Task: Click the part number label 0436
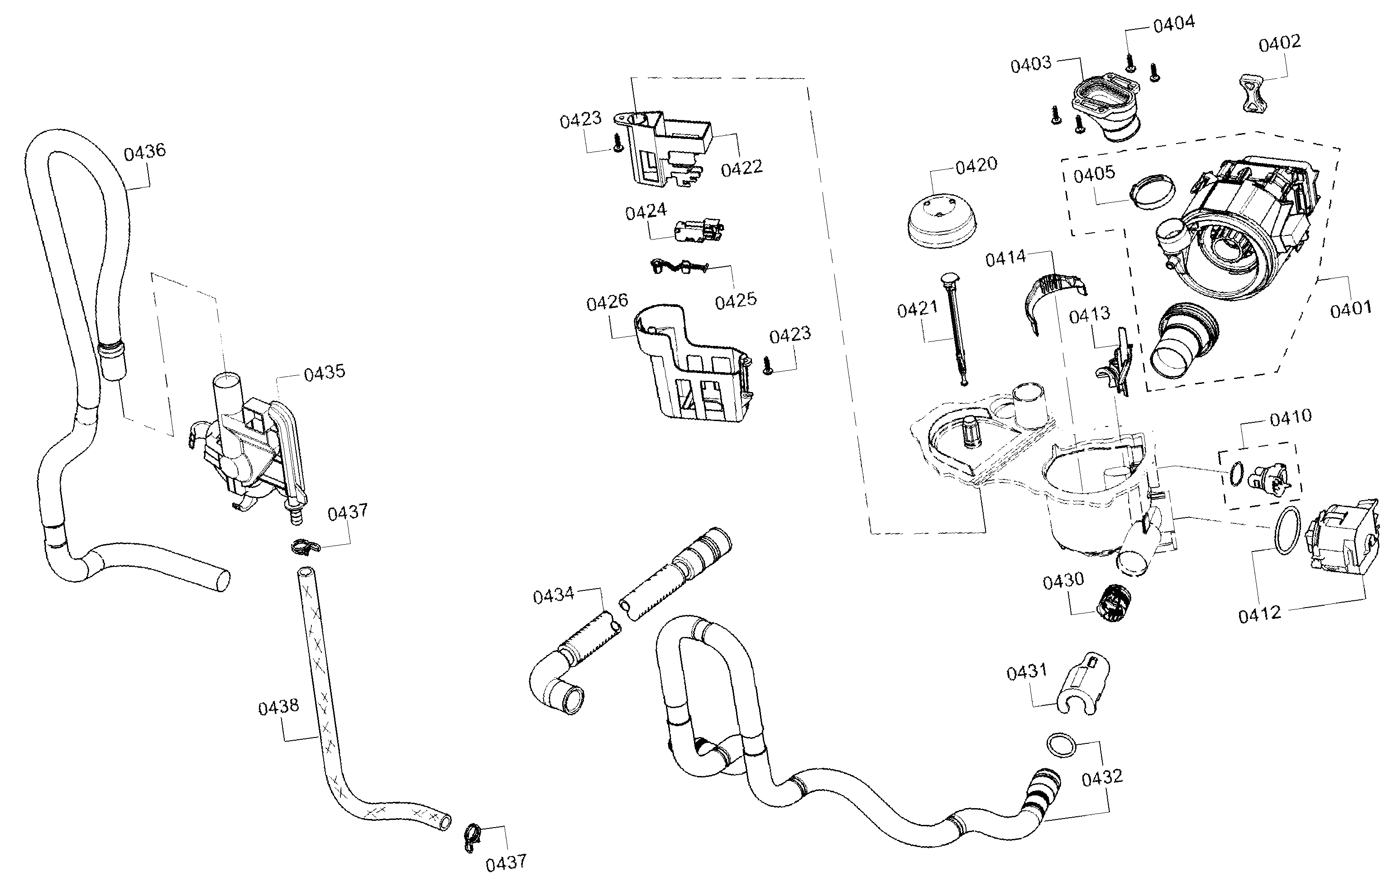click(144, 152)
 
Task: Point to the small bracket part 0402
click(1253, 92)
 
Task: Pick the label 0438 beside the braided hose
click(278, 707)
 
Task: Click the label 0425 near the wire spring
click(736, 301)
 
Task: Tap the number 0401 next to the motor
click(1350, 309)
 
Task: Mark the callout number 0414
click(1005, 258)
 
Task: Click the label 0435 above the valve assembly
click(324, 372)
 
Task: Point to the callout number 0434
click(554, 595)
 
